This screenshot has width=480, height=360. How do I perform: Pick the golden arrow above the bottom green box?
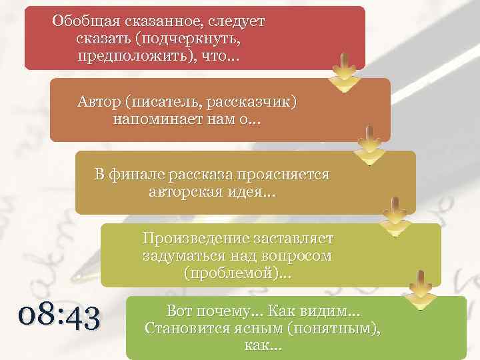point(421,290)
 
